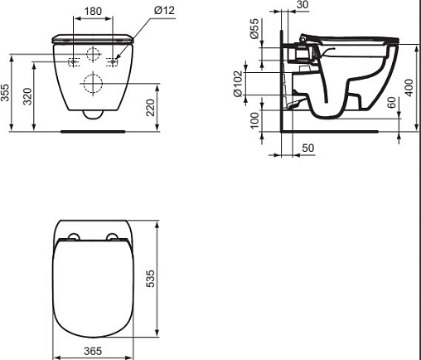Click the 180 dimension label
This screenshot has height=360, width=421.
click(93, 11)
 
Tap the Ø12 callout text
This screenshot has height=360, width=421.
click(164, 11)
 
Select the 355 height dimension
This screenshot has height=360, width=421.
click(5, 92)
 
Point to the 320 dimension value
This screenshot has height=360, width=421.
click(27, 96)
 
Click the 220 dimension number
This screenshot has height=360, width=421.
click(151, 108)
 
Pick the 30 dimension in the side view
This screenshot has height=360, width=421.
click(302, 5)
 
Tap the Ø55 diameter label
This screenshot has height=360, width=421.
click(254, 28)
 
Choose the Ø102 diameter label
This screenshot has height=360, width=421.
click(238, 84)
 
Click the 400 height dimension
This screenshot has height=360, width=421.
click(410, 88)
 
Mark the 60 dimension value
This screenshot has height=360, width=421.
click(392, 102)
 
